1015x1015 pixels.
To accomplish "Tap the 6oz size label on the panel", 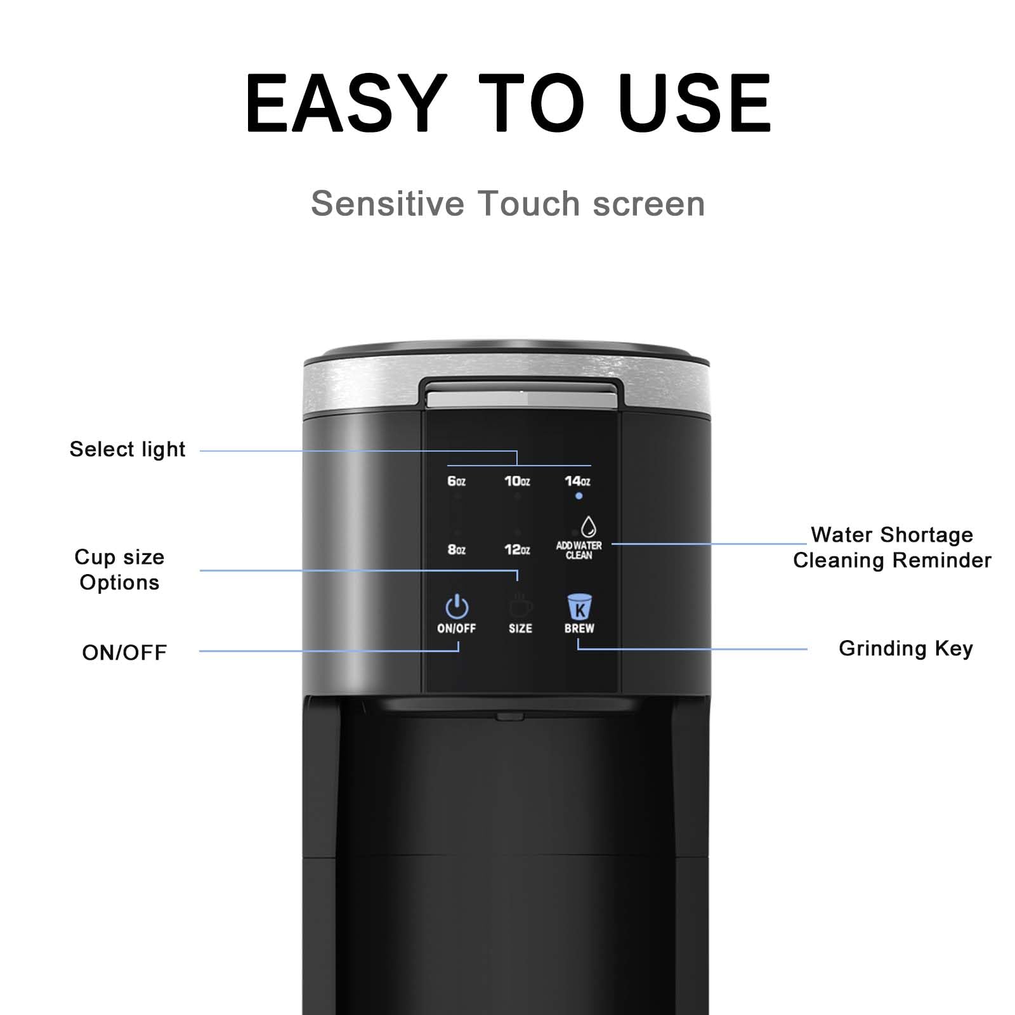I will point(456,481).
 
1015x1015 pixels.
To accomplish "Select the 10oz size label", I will point(517,481).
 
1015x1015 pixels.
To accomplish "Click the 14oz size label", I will point(577,481).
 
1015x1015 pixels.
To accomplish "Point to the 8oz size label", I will point(456,549).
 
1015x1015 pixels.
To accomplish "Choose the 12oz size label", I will point(517,549).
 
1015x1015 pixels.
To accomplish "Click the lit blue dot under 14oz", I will point(579,496).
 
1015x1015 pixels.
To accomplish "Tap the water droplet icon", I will point(589,527).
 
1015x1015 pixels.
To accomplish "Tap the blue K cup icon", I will point(579,606).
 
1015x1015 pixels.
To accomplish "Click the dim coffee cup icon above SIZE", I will point(520,606).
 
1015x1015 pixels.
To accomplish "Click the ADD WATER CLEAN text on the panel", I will point(579,550).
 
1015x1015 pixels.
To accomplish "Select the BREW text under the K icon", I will point(579,628).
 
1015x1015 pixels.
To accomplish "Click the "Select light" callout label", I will point(127,449).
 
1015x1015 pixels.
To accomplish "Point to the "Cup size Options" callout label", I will point(119,570).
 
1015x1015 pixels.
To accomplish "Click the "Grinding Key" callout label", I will point(905,648).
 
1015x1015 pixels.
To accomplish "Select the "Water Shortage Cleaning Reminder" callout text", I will point(892,547).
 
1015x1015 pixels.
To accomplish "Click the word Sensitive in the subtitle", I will point(387,204).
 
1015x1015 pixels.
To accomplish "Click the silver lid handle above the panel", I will point(520,397).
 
